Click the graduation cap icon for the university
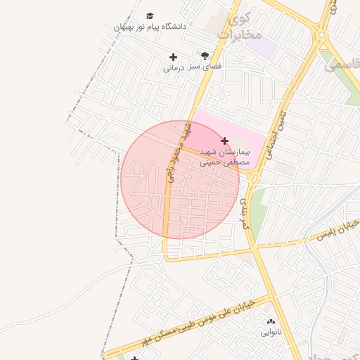(x=150, y=16)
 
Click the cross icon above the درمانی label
(x=173, y=57)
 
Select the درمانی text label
(x=173, y=68)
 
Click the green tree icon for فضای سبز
(x=205, y=55)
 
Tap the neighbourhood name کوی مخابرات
(x=240, y=26)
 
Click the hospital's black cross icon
(x=224, y=141)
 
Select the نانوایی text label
(x=271, y=332)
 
